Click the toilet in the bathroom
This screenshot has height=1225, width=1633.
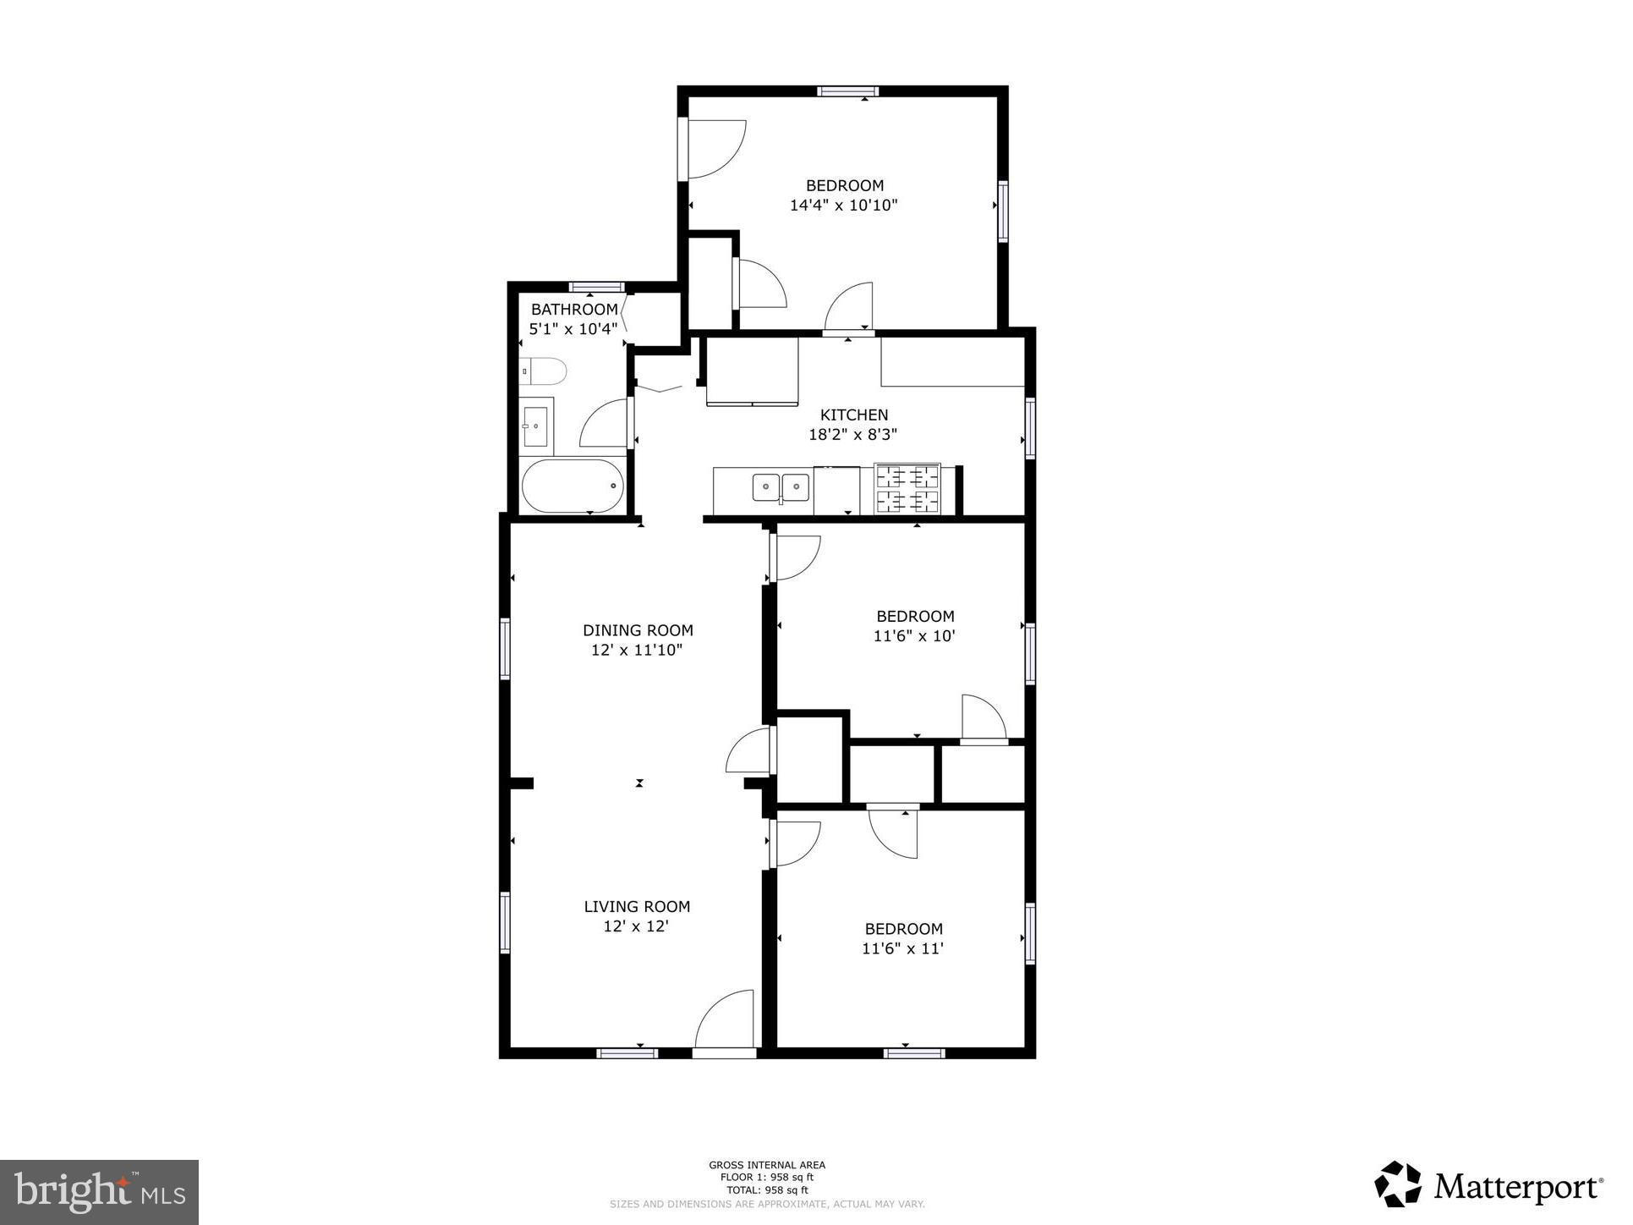point(545,371)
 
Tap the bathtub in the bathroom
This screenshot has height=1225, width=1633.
point(573,486)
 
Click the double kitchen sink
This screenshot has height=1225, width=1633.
point(781,487)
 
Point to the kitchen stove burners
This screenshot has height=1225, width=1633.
point(907,489)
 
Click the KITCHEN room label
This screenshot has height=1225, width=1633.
point(853,415)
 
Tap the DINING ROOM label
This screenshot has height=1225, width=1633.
point(638,630)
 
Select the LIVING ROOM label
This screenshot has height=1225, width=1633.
point(637,906)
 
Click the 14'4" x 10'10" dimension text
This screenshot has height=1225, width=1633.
point(843,206)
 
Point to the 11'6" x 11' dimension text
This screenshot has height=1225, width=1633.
point(902,948)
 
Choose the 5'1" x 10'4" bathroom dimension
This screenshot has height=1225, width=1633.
point(573,329)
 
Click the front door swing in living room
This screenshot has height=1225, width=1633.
point(724,1019)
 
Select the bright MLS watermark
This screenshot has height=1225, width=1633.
point(100,1192)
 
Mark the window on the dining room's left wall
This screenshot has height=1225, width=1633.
point(506,649)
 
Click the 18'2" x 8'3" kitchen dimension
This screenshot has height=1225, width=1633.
point(852,435)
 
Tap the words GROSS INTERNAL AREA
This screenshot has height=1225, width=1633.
point(766,1165)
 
